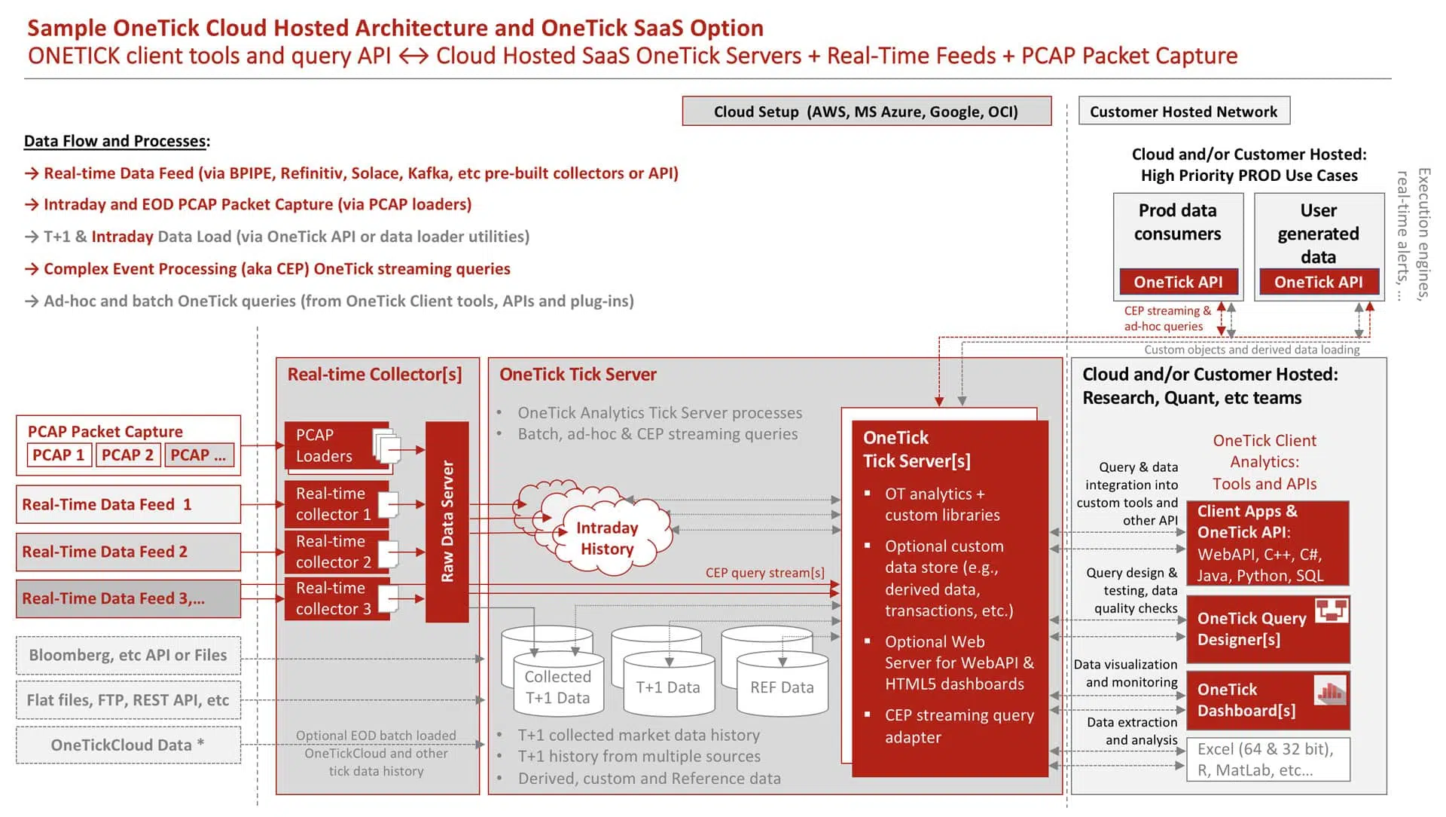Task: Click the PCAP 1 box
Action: coord(58,455)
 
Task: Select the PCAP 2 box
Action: coord(127,455)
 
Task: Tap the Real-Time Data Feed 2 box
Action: coord(128,552)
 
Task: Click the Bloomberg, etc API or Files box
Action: coord(128,656)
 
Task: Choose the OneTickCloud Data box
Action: coord(128,745)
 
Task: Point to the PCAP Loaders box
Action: coord(337,446)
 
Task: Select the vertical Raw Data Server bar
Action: coord(447,522)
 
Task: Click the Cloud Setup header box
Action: coord(866,112)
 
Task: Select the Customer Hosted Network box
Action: coord(1183,112)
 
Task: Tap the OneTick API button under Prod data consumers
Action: coord(1178,282)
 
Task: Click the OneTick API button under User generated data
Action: coord(1318,282)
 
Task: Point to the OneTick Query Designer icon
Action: coord(1332,610)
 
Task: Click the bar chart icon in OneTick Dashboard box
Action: coord(1330,690)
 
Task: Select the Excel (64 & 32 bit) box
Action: coord(1268,760)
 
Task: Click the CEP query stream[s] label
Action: coord(764,573)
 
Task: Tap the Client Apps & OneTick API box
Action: coord(1268,543)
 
